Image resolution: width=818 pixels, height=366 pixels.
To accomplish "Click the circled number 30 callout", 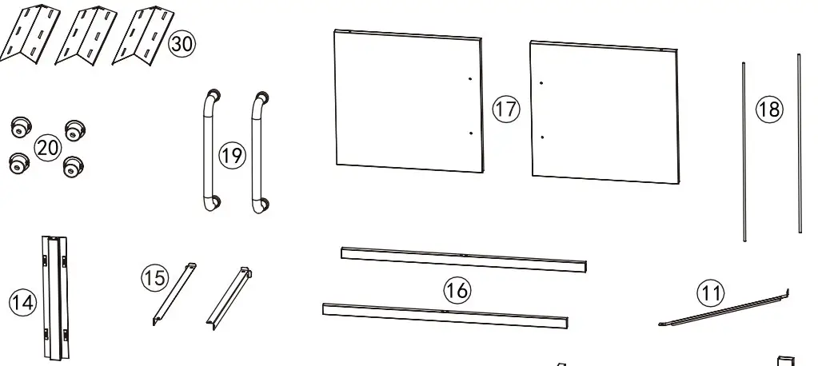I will (x=182, y=44).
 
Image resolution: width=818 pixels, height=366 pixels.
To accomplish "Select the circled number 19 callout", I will (x=232, y=155).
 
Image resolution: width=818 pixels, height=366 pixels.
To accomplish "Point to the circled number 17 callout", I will (x=505, y=109).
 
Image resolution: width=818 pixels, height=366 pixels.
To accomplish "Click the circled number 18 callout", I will (x=769, y=109).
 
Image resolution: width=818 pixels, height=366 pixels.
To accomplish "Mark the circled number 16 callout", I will (x=457, y=289).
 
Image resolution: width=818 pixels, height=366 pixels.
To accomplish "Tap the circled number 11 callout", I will (x=708, y=293).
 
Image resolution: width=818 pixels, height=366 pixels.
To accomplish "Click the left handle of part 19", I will (x=206, y=151).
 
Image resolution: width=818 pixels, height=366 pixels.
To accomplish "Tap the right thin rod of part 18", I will (x=799, y=144).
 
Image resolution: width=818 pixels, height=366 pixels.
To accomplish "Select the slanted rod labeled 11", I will (x=724, y=312).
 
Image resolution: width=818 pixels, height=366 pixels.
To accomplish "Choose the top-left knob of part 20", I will (x=20, y=126).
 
